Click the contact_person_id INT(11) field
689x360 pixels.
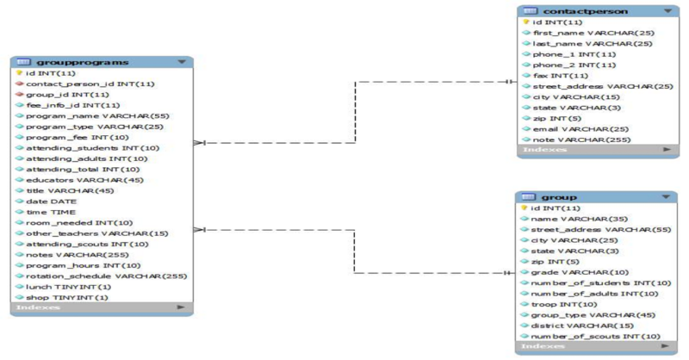[x=90, y=84]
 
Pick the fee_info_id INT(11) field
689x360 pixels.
[x=72, y=105]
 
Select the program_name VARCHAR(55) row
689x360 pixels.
[x=84, y=115]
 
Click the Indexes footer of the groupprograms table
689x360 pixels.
[x=39, y=307]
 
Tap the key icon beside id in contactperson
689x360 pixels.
[x=525, y=22]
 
